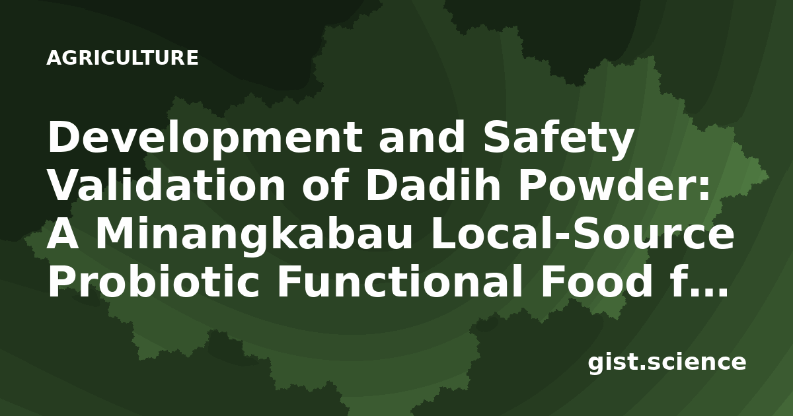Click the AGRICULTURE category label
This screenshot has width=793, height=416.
pos(122,58)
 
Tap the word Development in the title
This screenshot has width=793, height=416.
pos(206,139)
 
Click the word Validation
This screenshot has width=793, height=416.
pos(167,186)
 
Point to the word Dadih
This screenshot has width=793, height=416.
pos(433,186)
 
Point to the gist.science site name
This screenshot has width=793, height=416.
pos(667,363)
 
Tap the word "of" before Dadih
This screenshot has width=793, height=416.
pos(325,186)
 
